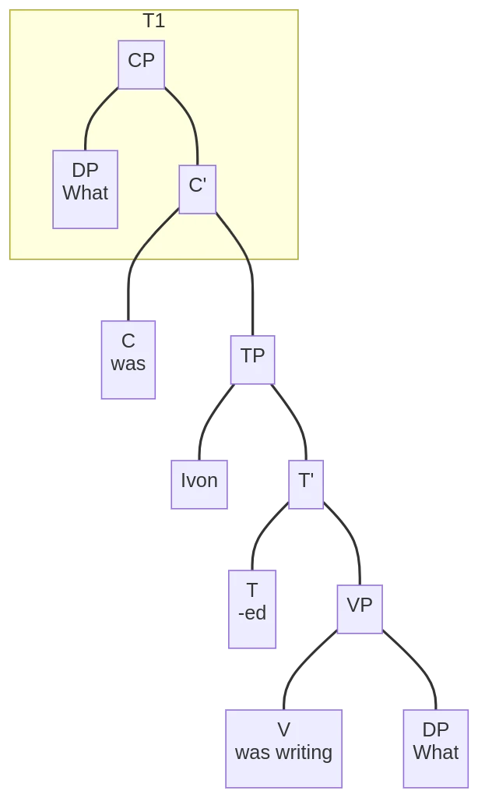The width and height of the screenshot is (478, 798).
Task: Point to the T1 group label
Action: point(153,21)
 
